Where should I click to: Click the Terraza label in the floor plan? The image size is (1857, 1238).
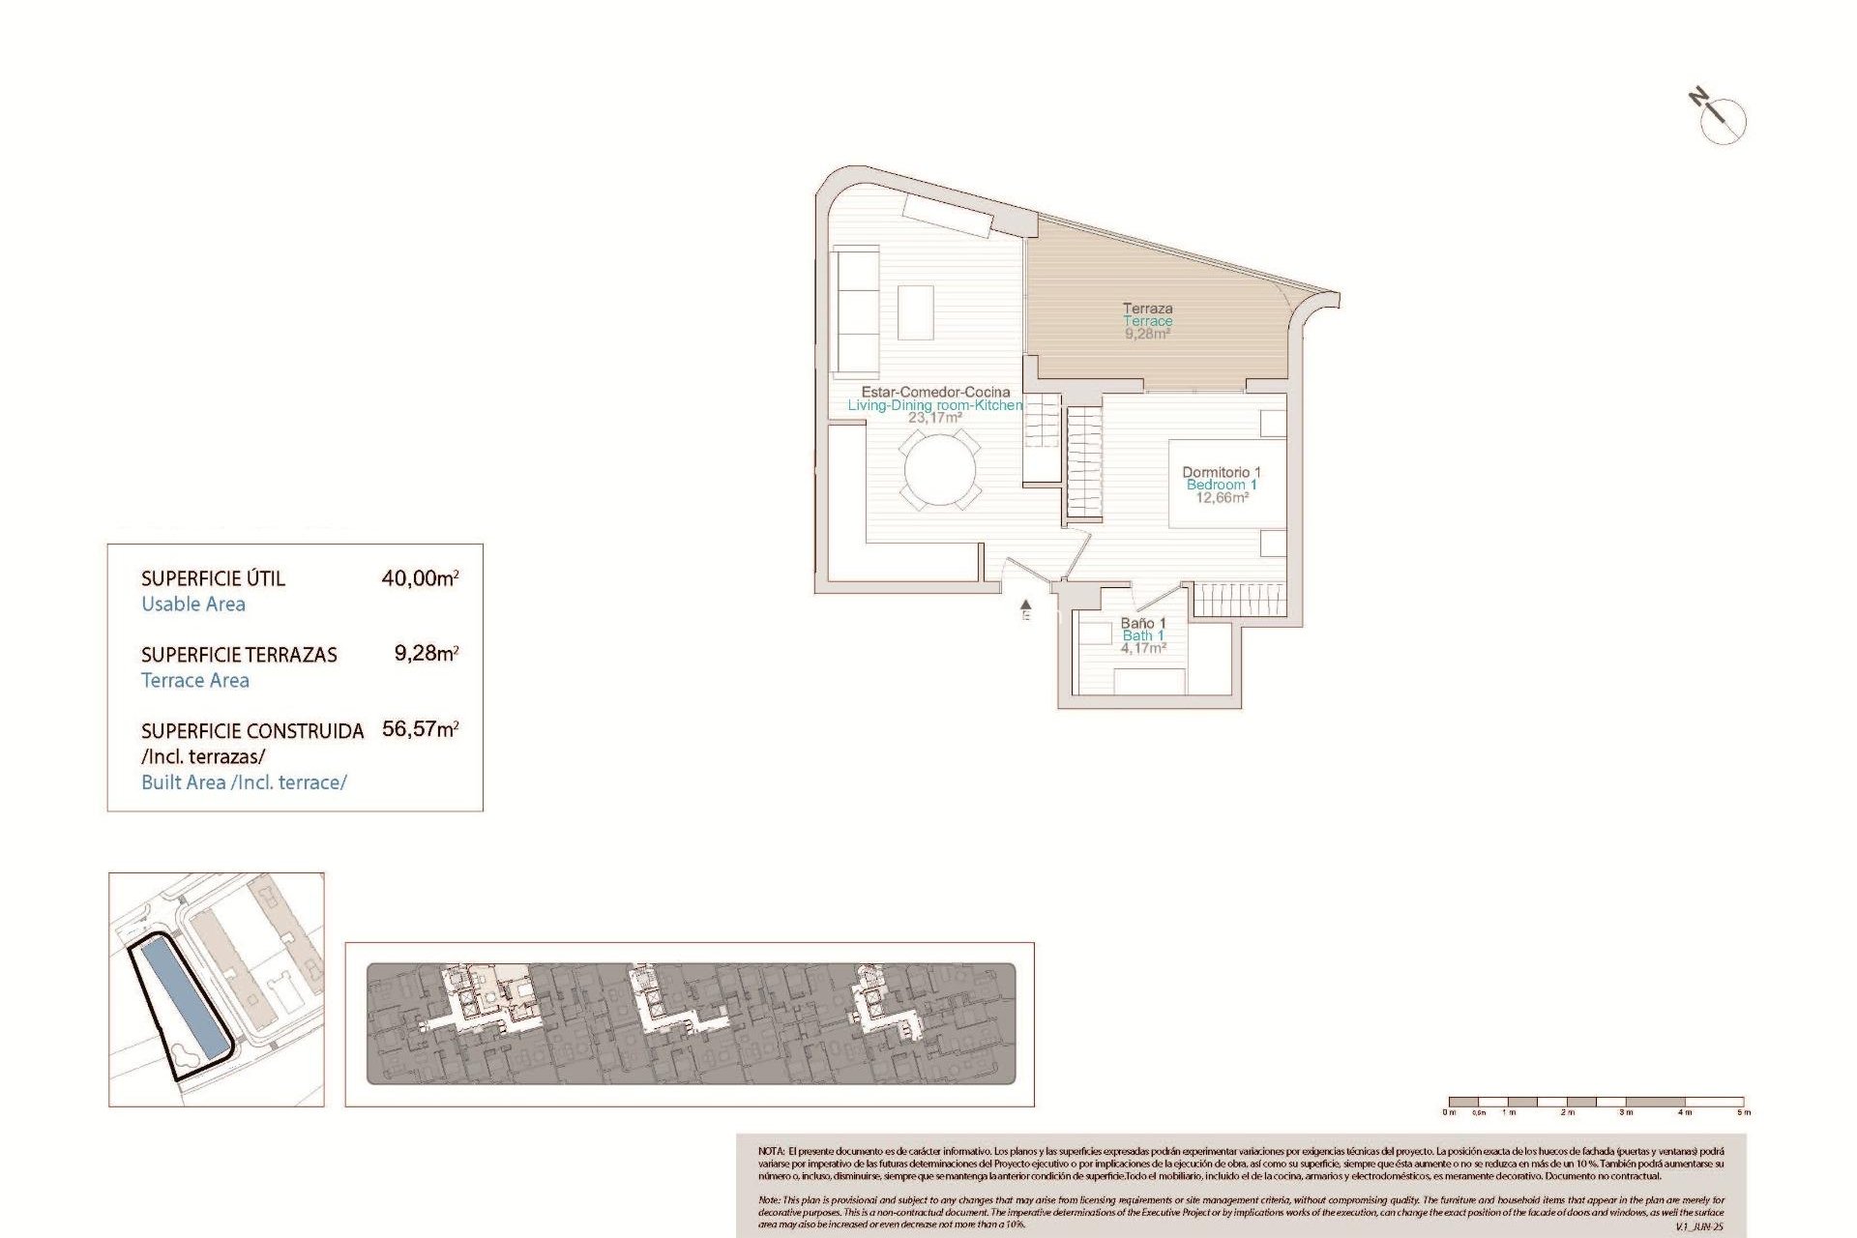pyautogui.click(x=1147, y=309)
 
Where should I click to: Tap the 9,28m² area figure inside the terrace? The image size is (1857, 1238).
pyautogui.click(x=1147, y=334)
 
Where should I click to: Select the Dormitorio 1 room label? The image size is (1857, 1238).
pyautogui.click(x=1222, y=472)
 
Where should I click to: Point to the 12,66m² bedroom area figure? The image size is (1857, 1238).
pyautogui.click(x=1222, y=498)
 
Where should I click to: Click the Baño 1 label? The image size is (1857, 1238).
pyautogui.click(x=1143, y=623)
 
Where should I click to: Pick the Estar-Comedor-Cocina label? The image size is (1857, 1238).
pyautogui.click(x=935, y=392)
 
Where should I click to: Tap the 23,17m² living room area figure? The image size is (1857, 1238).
pyautogui.click(x=934, y=418)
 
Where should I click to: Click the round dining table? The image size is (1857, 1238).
pyautogui.click(x=939, y=470)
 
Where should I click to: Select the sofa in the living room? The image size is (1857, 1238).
pyautogui.click(x=856, y=311)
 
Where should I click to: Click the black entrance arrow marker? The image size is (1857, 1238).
pyautogui.click(x=1026, y=605)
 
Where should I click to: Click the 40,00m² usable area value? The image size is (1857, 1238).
pyautogui.click(x=420, y=578)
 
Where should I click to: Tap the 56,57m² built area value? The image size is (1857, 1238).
pyautogui.click(x=420, y=729)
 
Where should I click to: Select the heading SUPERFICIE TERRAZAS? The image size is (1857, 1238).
pyautogui.click(x=239, y=655)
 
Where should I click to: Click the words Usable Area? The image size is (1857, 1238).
pyautogui.click(x=193, y=604)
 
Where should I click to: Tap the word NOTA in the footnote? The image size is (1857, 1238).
pyautogui.click(x=771, y=1151)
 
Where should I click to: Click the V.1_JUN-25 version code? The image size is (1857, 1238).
pyautogui.click(x=1699, y=1226)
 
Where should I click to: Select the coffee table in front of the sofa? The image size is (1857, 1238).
pyautogui.click(x=915, y=311)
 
